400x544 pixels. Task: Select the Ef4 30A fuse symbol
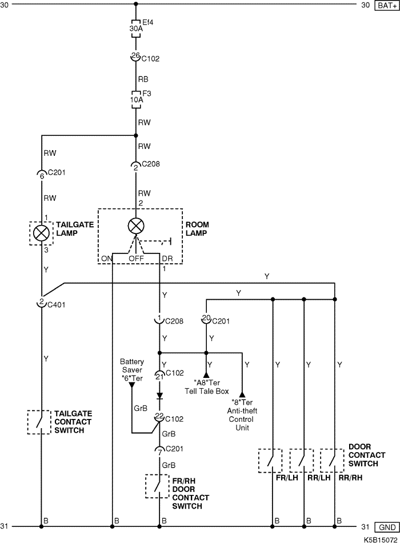[136, 29]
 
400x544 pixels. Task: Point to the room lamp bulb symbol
[135, 225]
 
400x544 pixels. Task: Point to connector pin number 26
[135, 55]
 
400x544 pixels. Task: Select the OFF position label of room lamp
[136, 258]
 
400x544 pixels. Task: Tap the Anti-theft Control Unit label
[243, 419]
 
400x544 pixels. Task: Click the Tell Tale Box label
[206, 391]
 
